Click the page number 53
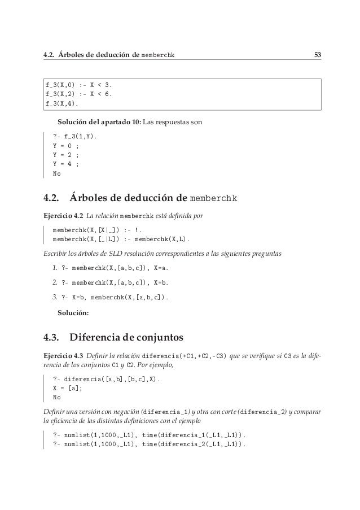coord(318,55)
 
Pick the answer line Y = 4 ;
coord(65,164)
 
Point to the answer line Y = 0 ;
coord(65,146)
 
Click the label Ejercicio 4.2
coord(62,215)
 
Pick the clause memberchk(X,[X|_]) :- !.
coord(97,230)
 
